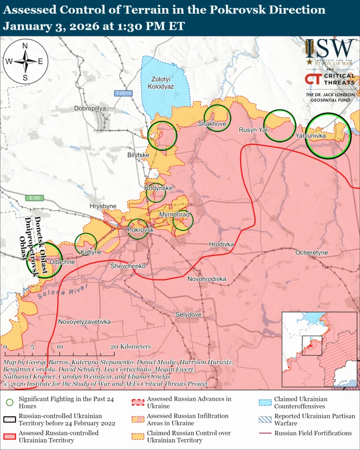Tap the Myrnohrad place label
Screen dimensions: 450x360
[x=174, y=214]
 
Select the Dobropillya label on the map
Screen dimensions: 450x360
[x=91, y=108]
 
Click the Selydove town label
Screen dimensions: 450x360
[x=189, y=315]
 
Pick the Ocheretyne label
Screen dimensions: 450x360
[x=312, y=253]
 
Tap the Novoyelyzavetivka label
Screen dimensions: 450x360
[x=84, y=322]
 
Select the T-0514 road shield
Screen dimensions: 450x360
[x=124, y=93]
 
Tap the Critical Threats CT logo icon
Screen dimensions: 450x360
[x=313, y=79]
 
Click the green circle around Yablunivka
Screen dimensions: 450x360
[x=328, y=136]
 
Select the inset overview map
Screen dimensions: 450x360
[x=319, y=349]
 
